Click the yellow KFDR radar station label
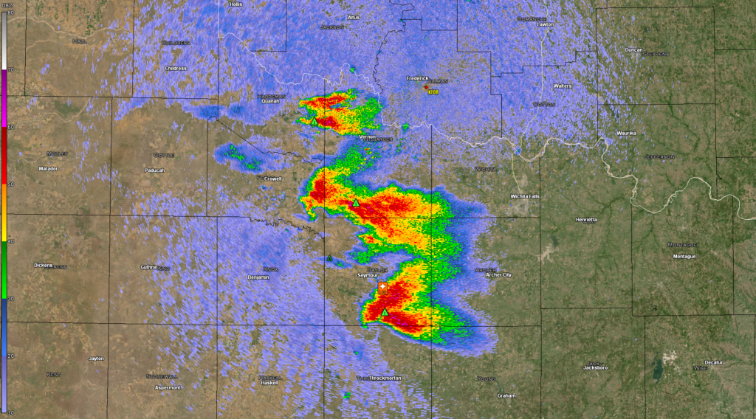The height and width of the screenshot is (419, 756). coord(435,92)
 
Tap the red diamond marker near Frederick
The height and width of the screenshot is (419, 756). coord(426,87)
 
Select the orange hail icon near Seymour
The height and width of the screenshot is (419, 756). coord(382,287)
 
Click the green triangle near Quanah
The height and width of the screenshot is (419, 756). coord(314,121)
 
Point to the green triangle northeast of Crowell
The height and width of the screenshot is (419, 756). coord(356,202)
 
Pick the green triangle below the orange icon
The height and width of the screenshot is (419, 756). coord(384,313)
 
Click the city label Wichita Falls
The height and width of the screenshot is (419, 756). coord(530,197)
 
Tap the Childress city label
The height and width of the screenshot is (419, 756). coord(176,69)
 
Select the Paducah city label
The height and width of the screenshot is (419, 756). coord(154,170)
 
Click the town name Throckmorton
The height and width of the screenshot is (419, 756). coord(385,378)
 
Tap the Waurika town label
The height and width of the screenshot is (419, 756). coord(626,134)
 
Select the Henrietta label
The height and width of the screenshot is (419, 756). coord(586,220)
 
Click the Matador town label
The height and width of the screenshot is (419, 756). coord(48,169)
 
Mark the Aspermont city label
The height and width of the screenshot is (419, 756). coord(168,387)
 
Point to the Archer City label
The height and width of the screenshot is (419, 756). coord(498,275)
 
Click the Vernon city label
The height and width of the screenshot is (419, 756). coord(368,137)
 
